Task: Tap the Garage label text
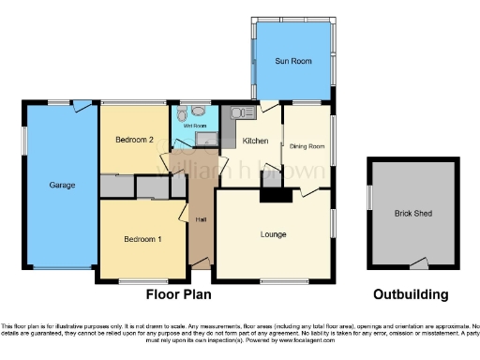point(62,185)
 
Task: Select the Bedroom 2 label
point(134,140)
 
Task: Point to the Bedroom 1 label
point(142,239)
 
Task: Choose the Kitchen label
point(256,141)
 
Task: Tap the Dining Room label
point(307,146)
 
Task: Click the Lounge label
point(274,233)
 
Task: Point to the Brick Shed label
point(410,213)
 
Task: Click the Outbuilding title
point(410,294)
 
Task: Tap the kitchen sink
point(237,113)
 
